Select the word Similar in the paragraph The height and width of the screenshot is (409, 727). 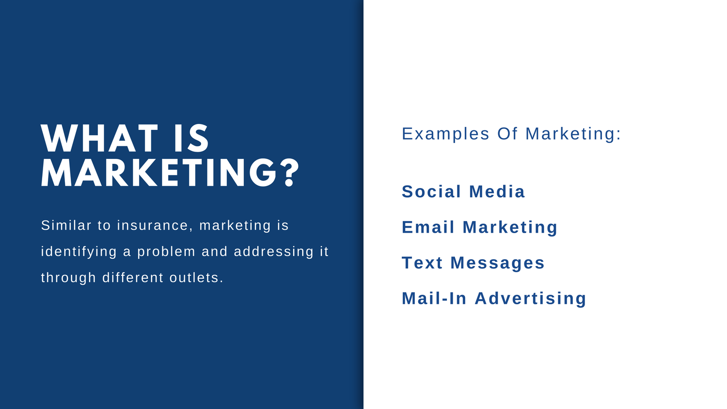click(66, 225)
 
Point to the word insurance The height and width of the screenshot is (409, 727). click(153, 225)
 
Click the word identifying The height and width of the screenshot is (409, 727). click(79, 252)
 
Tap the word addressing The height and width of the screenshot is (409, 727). click(274, 252)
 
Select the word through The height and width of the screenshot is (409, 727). click(68, 278)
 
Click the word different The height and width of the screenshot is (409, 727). click(133, 278)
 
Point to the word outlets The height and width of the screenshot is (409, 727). click(196, 278)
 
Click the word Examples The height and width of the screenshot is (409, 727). click(445, 134)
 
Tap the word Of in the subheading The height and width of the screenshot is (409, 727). click(507, 133)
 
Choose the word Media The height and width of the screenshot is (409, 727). click(497, 191)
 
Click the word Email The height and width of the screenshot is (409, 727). click(428, 227)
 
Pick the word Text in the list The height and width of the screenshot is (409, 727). click(422, 263)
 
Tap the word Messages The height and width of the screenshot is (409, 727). click(497, 263)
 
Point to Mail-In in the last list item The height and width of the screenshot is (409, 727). click(434, 299)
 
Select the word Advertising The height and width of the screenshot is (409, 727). click(530, 299)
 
